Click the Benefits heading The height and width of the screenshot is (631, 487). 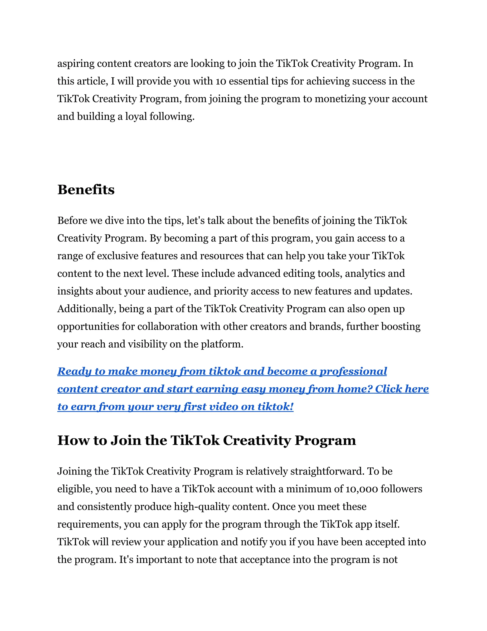click(86, 190)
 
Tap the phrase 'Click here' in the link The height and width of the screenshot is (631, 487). click(402, 389)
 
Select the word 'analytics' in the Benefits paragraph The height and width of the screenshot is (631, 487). click(365, 273)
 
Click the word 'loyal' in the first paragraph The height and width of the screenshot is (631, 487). click(136, 116)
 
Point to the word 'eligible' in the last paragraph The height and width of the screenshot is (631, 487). click(75, 489)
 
